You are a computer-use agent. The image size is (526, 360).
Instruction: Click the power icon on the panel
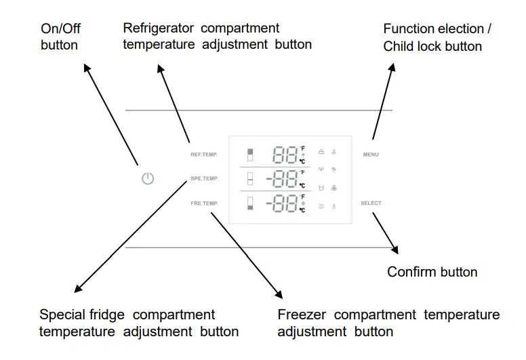click(148, 179)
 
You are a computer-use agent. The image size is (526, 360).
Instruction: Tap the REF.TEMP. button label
click(204, 155)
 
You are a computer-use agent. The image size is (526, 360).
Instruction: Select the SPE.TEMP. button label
click(204, 179)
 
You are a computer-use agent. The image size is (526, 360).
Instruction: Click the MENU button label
click(371, 155)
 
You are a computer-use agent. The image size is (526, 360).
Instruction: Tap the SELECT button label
click(371, 203)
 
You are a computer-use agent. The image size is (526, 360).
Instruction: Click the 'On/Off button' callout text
click(60, 37)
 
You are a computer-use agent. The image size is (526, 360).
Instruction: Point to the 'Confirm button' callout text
click(432, 272)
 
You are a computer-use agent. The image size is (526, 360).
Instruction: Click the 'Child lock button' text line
click(432, 46)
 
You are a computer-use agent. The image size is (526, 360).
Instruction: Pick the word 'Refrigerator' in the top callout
click(159, 28)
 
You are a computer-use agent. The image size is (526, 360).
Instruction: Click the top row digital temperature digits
click(285, 156)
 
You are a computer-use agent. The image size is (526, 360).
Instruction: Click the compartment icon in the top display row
click(250, 155)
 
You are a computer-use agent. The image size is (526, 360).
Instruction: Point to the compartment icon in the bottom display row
click(250, 203)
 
